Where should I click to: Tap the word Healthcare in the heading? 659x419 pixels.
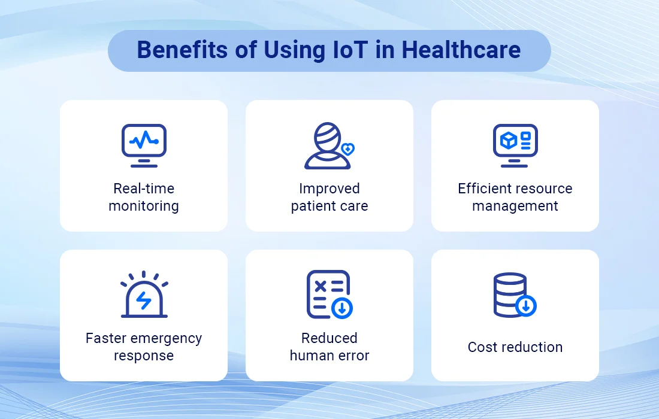click(x=461, y=50)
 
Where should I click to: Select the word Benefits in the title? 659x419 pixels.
click(x=182, y=50)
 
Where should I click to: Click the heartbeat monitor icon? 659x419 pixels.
click(x=144, y=145)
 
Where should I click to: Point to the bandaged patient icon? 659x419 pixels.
click(x=328, y=145)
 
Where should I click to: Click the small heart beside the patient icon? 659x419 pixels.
click(x=348, y=148)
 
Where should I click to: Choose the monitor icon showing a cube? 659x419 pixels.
click(x=515, y=145)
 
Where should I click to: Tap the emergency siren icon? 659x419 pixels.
click(x=144, y=294)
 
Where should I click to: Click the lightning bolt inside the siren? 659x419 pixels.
click(x=144, y=300)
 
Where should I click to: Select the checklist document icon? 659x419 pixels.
click(x=329, y=294)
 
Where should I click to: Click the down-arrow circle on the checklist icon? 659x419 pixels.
click(x=342, y=308)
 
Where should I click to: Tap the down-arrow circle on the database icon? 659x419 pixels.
click(x=526, y=306)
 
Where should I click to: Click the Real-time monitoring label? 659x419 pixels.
click(x=144, y=198)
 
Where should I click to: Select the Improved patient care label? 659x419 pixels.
click(x=329, y=198)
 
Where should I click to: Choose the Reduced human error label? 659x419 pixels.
click(x=329, y=347)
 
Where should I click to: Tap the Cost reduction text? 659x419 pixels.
click(x=515, y=347)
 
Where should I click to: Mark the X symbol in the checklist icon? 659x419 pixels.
click(x=321, y=286)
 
